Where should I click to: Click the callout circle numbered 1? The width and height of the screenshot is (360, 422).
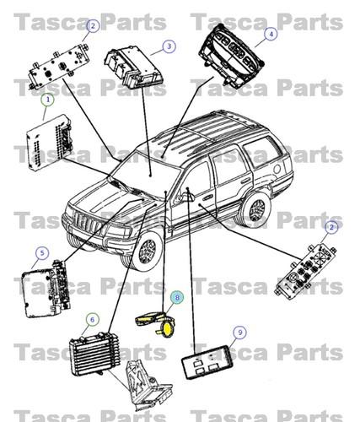coord(47,100)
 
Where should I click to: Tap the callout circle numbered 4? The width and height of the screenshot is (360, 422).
coord(271,35)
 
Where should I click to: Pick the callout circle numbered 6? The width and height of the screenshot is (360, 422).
coord(92,320)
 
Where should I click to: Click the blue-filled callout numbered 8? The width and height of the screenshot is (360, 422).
coord(176,297)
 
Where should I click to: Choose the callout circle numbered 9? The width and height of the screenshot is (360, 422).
coord(239,333)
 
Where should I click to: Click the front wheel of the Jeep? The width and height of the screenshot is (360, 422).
coord(146,251)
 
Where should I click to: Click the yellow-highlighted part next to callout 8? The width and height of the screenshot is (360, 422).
coord(156,320)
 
